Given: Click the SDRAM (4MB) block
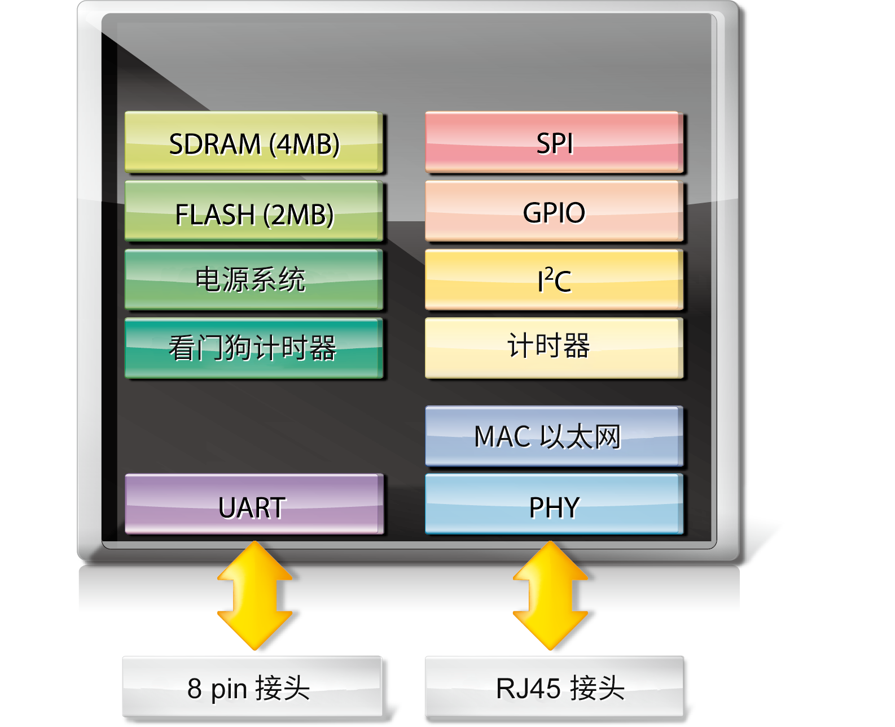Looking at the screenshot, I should pos(253,142).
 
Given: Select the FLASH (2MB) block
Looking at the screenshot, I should pos(253,212).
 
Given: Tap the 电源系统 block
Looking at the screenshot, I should pos(253,280).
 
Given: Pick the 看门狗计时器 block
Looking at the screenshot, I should pos(253,348).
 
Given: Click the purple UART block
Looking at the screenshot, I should pos(253,505).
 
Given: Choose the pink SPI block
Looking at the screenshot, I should pos(554,142).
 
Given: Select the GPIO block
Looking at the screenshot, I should pos(554,212).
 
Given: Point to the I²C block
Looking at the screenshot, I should pos(554,280).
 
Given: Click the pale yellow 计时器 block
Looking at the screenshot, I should pos(554,348).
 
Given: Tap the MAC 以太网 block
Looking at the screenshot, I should pos(554,436).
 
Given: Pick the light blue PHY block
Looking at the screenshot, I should pos(554,505).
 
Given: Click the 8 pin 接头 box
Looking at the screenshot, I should pos(252,687).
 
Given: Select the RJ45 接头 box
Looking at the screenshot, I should pos(554,687).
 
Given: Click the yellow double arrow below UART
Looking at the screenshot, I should pos(255,595).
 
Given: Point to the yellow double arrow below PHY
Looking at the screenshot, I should pos(551,595).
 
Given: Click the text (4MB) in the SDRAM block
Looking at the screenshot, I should pos(304,144).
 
